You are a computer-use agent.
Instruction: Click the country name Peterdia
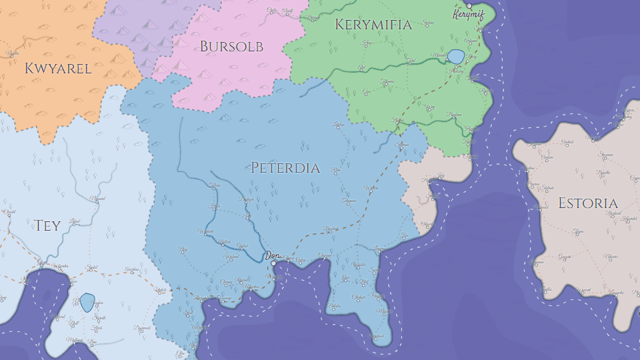point(285,168)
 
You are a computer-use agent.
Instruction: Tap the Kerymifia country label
point(373,25)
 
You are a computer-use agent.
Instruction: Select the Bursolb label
point(231,47)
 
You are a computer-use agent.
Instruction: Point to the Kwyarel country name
point(58,68)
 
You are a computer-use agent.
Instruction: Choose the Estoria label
point(588,203)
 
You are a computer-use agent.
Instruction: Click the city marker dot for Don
point(273,263)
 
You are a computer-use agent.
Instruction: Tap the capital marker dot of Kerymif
point(469,5)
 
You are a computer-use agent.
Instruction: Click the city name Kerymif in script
point(468,15)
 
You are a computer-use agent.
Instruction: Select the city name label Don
point(271,255)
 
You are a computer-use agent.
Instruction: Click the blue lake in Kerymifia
point(455,56)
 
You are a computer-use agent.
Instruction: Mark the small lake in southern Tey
point(87,303)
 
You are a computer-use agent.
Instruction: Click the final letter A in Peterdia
point(315,168)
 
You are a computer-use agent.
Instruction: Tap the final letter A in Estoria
point(613,203)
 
